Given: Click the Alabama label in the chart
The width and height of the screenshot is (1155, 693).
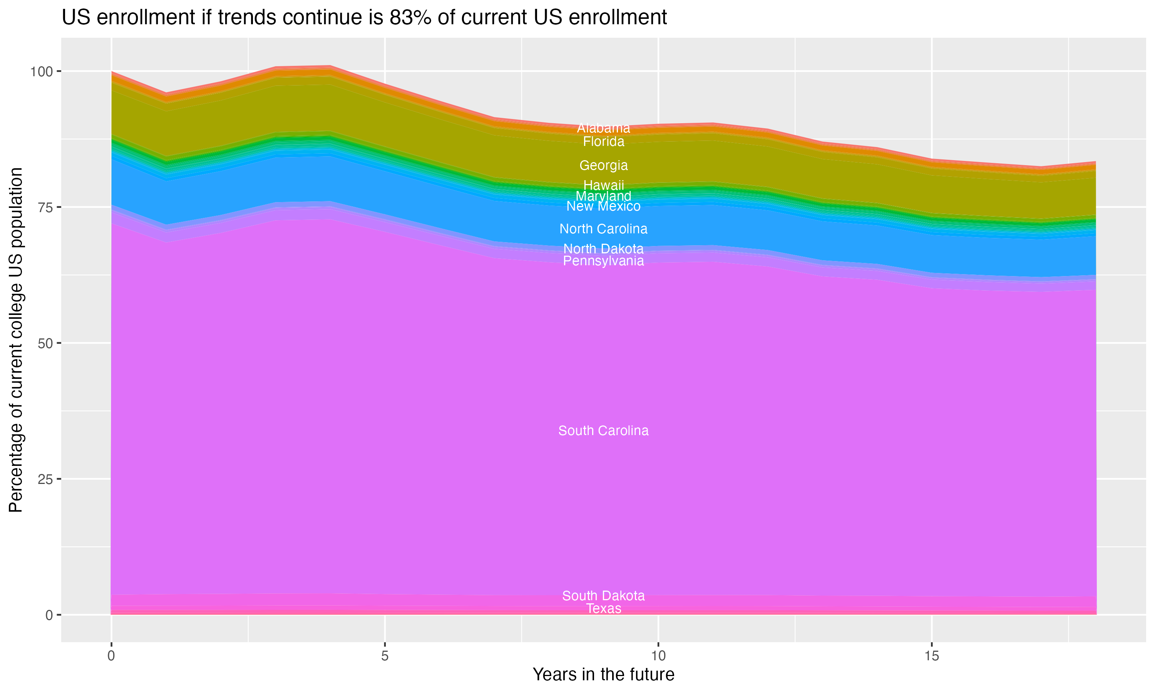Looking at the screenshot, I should (x=603, y=128).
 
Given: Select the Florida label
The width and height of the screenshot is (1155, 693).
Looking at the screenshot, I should (x=603, y=142).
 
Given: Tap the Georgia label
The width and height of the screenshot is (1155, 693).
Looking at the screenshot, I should (x=603, y=165).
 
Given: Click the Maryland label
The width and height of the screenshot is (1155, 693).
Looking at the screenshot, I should (x=603, y=196).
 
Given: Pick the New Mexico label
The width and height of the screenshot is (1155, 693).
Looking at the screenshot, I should (x=603, y=206).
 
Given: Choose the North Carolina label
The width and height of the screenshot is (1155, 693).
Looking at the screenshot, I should (x=603, y=229).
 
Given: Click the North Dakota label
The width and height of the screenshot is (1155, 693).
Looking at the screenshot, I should (x=603, y=249).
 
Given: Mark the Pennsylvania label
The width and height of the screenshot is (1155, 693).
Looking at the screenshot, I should (x=603, y=261).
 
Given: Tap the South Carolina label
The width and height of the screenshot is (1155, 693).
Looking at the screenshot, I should (x=603, y=430).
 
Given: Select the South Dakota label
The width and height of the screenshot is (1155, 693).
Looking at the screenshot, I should (x=603, y=596).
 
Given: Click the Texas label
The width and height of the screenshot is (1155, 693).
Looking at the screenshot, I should (x=603, y=608).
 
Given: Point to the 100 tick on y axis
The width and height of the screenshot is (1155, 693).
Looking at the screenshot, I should (x=42, y=72).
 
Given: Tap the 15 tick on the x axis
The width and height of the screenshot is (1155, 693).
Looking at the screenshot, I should (x=931, y=656).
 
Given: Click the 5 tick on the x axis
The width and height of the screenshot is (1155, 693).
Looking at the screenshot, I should (x=385, y=656).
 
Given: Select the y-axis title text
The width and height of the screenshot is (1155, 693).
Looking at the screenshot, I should (x=16, y=340).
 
